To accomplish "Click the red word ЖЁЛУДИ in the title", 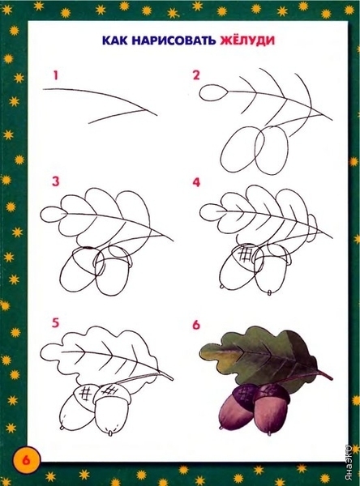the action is point(247,40).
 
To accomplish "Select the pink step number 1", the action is point(56,75).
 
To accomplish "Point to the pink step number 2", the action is point(196,75).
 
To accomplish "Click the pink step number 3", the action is point(55,181).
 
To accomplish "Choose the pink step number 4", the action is point(196,182).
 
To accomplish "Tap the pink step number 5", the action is point(55,322).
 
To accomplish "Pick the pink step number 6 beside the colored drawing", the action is point(196,325).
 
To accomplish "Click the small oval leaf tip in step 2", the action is point(213,92).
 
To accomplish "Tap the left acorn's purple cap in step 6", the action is point(244,395).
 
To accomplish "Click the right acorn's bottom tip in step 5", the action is point(109,432).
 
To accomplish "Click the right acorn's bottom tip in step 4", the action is point(270,292).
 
